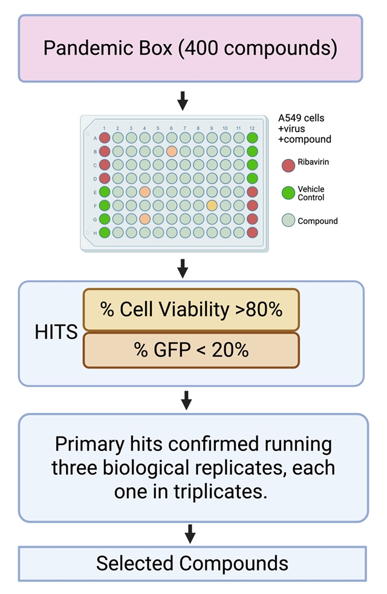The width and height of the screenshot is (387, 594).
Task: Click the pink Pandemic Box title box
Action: pos(190,48)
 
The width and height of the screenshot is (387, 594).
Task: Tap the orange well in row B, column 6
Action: pos(171,151)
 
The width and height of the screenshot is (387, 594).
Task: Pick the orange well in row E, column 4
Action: pos(145,191)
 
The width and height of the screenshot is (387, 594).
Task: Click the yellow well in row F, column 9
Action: pos(212,205)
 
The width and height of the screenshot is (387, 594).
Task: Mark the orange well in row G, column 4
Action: pos(145,219)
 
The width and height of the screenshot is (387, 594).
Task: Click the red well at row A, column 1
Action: pos(105,137)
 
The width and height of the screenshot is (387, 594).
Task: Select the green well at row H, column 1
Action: pos(105,233)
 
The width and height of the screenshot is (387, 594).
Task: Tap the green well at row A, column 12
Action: pos(252,137)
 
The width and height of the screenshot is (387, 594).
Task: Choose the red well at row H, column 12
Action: pos(252,233)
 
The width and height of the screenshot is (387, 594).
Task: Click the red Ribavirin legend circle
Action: pos(288,164)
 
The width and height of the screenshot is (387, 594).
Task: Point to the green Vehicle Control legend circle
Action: pos(288,193)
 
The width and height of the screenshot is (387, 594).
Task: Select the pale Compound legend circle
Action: pos(288,221)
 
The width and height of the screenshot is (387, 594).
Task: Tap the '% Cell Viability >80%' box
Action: pos(191,309)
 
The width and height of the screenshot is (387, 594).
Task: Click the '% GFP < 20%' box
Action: pos(191,350)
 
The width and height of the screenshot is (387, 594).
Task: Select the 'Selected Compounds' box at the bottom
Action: pos(192,563)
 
